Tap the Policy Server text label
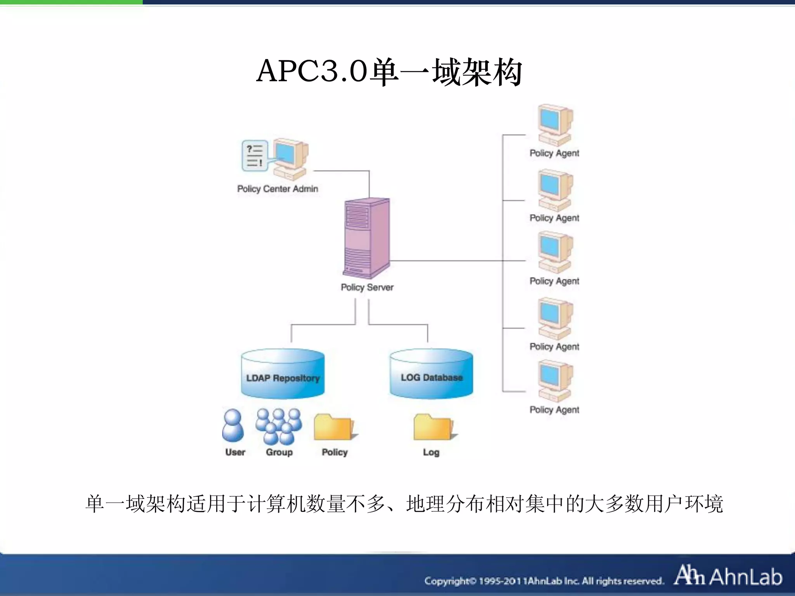[367, 288]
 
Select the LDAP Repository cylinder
[283, 374]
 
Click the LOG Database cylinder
[431, 374]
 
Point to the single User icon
[233, 426]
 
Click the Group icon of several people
[279, 426]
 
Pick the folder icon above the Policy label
[335, 427]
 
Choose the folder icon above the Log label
[434, 427]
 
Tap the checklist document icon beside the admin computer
[255, 156]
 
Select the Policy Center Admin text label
[278, 189]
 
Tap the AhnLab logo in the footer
[728, 576]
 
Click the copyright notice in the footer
[543, 581]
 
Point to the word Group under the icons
[279, 452]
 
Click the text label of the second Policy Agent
[554, 218]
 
